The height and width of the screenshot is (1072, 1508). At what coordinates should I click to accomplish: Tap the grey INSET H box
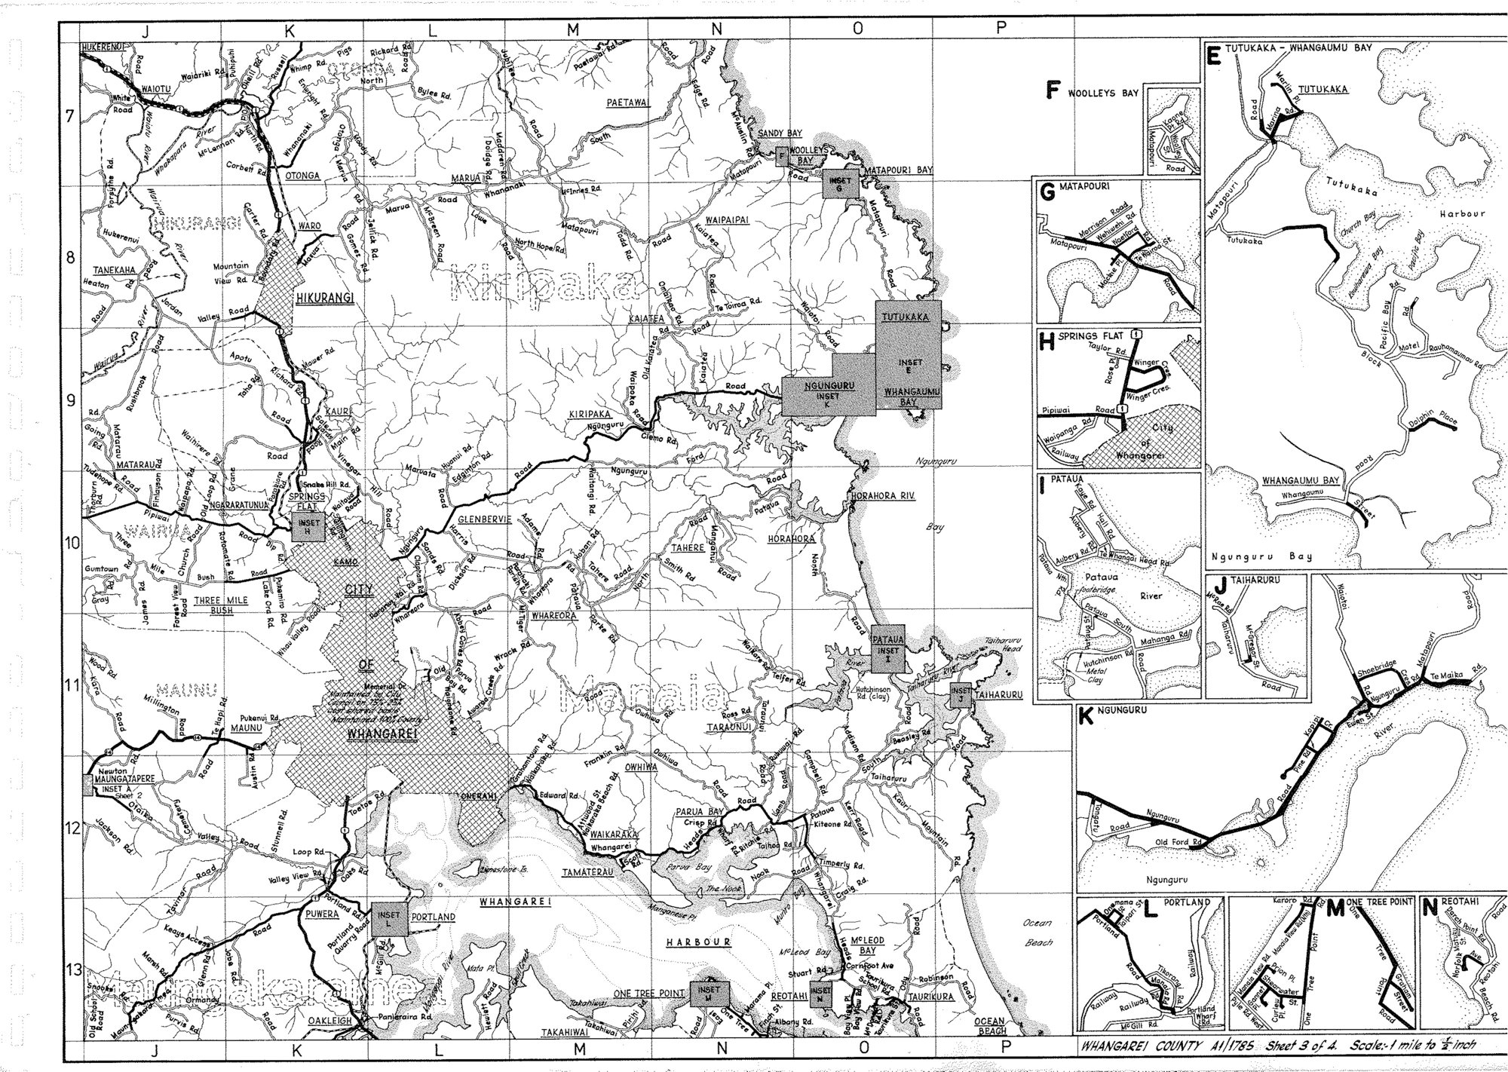[309, 527]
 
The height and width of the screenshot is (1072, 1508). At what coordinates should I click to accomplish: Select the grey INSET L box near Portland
[389, 919]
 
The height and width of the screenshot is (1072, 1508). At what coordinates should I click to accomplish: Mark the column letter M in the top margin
[574, 29]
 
